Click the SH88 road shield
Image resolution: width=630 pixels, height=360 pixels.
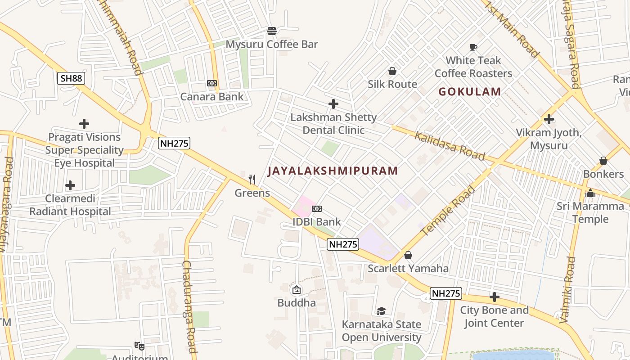click(71, 78)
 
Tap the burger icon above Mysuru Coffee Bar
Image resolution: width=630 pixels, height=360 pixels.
click(271, 31)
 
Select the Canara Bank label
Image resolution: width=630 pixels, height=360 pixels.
click(212, 96)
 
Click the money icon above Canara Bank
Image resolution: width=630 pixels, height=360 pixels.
click(212, 83)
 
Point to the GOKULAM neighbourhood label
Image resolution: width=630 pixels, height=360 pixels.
click(470, 92)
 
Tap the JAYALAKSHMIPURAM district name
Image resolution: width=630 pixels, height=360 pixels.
click(333, 171)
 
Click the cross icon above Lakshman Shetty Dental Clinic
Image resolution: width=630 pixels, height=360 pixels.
click(333, 104)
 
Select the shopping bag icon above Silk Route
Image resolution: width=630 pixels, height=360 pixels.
click(392, 71)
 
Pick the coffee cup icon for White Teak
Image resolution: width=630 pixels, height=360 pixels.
click(473, 47)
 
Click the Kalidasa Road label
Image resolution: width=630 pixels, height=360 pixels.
click(450, 146)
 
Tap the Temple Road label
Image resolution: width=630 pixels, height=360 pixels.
click(448, 211)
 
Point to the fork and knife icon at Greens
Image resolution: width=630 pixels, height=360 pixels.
click(252, 180)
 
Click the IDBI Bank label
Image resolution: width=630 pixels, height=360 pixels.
click(317, 222)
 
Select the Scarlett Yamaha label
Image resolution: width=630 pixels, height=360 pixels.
click(408, 269)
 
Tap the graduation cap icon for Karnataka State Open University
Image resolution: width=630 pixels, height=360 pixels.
click(381, 311)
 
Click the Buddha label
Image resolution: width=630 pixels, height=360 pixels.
click(297, 303)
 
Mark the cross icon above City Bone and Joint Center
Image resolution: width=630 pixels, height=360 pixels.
click(495, 297)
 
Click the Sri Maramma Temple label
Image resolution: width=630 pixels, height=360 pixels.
click(590, 213)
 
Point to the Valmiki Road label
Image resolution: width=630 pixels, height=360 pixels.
click(567, 290)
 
